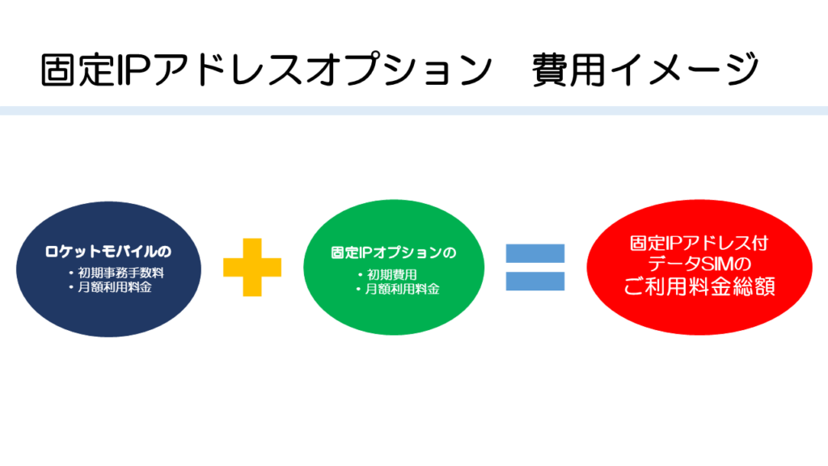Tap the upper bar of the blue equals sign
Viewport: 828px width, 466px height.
point(534,252)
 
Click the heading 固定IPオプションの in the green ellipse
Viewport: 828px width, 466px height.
point(394,252)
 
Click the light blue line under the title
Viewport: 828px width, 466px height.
point(414,111)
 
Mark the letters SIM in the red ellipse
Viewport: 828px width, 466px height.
point(702,264)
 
